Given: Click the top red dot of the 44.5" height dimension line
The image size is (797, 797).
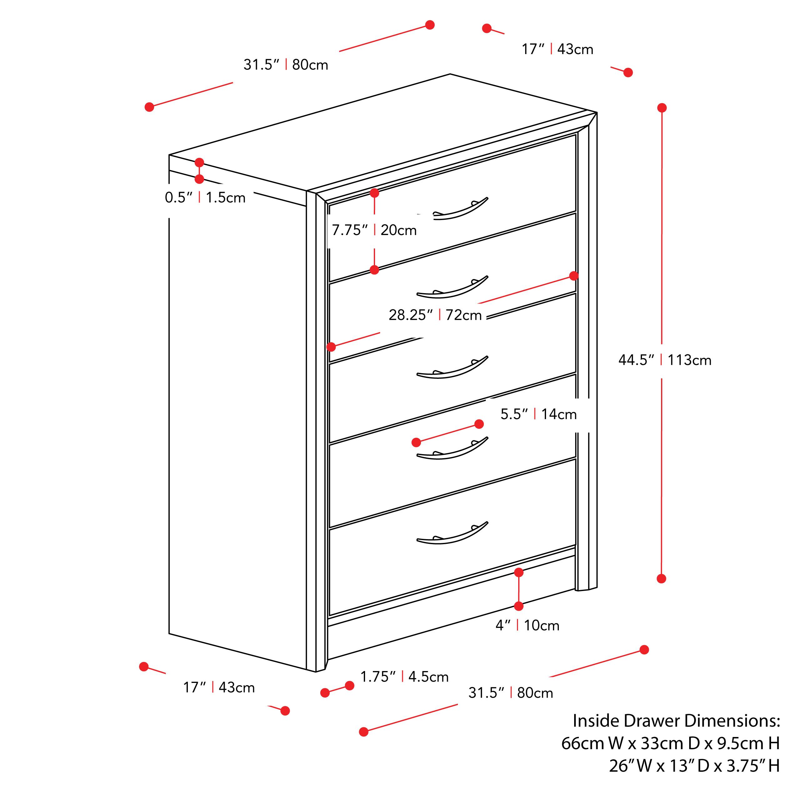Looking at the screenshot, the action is point(662,108).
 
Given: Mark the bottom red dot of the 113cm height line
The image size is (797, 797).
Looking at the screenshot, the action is point(661,578).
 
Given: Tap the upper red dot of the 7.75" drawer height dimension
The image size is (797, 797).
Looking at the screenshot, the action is point(374,193).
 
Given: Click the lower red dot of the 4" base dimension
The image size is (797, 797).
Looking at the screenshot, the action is point(519,606).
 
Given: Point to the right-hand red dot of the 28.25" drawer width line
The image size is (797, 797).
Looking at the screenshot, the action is point(574,276).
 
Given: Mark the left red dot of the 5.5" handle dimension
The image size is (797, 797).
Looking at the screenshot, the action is point(416,442).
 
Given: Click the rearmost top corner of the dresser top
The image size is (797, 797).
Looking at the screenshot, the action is point(450,74).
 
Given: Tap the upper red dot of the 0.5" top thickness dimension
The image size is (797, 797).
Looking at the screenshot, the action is point(199,162).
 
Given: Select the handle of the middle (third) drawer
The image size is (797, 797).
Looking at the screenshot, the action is point(453,367).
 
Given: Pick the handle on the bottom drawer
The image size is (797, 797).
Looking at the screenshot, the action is point(453,533).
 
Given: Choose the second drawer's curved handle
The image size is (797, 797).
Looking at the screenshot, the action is point(453,287).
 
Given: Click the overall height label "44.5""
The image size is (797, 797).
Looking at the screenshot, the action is point(636,360).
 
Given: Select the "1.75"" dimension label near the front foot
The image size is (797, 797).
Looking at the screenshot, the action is point(378,677).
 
